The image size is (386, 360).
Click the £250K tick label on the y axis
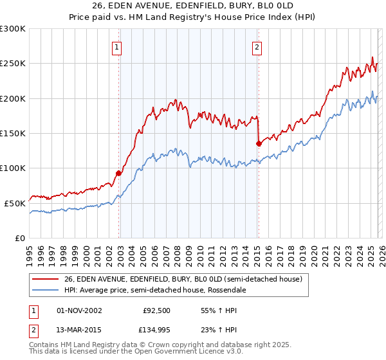point(13,64)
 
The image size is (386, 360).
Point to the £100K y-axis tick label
point(13,168)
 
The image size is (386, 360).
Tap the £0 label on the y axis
point(19,238)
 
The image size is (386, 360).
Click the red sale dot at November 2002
point(118,173)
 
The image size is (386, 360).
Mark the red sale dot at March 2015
point(258,143)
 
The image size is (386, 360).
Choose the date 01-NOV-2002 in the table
point(79,310)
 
